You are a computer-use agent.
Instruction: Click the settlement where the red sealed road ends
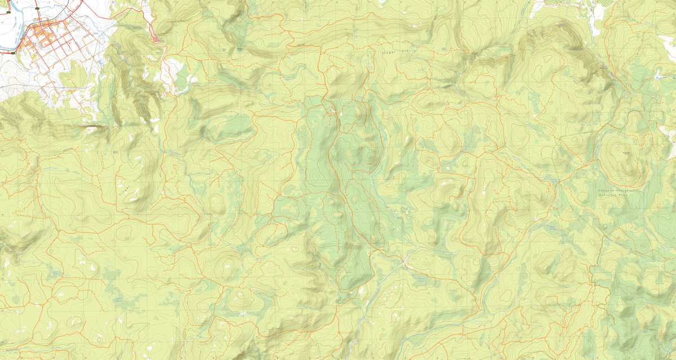(157, 39)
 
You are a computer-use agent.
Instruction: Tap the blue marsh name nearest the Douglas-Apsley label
(555, 226)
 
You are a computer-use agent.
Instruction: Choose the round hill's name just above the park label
(625, 153)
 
